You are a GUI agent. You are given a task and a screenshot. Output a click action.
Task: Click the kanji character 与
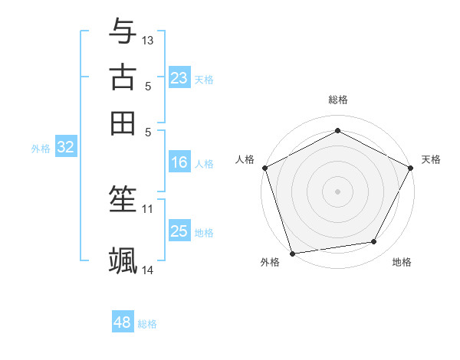coord(123,31)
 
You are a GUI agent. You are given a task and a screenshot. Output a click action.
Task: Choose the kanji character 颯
coord(123,260)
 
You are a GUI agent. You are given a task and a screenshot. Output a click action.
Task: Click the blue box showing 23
coord(179,78)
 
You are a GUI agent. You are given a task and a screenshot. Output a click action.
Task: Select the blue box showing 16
coord(179,162)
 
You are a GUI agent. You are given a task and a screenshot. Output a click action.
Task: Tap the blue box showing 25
coord(179,231)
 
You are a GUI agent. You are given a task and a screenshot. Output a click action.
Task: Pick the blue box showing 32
coord(65,148)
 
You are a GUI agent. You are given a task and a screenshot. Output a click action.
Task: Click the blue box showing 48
coord(122,322)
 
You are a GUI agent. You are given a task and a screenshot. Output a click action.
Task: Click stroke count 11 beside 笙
coord(148,208)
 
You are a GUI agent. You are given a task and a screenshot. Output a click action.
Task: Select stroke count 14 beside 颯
coord(148,270)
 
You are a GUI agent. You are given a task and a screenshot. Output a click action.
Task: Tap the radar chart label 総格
coord(337,100)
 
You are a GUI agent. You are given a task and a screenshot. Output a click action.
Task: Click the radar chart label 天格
coord(431,159)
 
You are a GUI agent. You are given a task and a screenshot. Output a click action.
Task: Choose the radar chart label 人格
coord(245,159)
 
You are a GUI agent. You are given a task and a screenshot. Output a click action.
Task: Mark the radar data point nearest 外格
coord(292,254)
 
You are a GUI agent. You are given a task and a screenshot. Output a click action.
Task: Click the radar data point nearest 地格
coord(374,242)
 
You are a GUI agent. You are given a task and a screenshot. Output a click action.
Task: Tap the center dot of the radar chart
coord(337,191)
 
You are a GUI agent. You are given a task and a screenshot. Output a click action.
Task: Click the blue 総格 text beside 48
coord(147,324)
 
